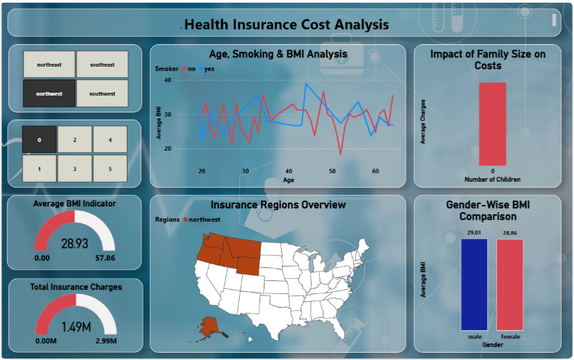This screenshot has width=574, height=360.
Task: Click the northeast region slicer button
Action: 49,64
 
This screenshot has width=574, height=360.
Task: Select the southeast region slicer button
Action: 102,64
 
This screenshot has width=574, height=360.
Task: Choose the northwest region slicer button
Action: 49,93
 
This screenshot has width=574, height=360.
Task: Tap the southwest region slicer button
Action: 102,93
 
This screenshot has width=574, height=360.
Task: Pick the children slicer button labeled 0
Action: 39,139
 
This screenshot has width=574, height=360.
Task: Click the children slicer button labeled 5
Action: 109,169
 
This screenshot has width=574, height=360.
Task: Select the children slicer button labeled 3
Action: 75,169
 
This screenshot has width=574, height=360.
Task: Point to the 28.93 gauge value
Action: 75,243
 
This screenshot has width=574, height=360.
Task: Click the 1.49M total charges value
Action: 75,327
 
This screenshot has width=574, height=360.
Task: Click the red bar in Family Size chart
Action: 492,124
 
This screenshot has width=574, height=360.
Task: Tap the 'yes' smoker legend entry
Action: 209,69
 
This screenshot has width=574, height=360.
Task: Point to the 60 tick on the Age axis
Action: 375,171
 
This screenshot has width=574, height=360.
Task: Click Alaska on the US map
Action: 210,326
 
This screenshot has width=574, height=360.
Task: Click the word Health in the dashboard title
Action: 206,25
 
